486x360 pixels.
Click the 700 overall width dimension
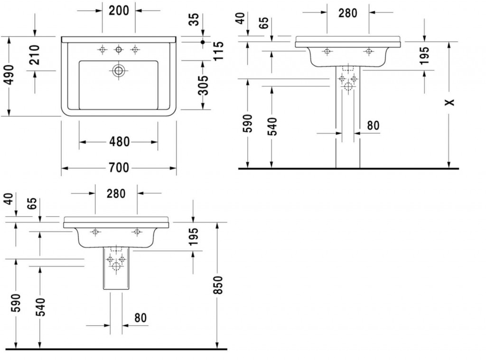coord(119,167)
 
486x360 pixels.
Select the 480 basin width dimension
coord(119,141)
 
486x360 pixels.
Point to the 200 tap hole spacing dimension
coord(119,10)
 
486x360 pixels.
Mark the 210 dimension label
coord(34,55)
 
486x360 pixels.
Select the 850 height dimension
coord(217,285)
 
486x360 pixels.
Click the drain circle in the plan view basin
coord(118,71)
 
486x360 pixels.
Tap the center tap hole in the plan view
coord(118,49)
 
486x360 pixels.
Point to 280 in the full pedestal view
coord(347,13)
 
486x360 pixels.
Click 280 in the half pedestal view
coord(116,193)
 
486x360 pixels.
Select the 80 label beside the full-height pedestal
coord(374,125)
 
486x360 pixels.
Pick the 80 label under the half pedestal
coord(140,317)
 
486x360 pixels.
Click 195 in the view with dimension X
coord(424,55)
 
